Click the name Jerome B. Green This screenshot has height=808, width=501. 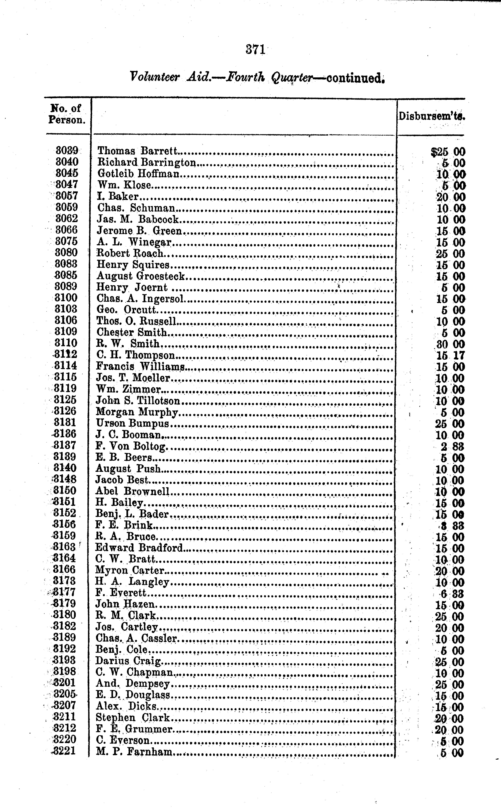[139, 231]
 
